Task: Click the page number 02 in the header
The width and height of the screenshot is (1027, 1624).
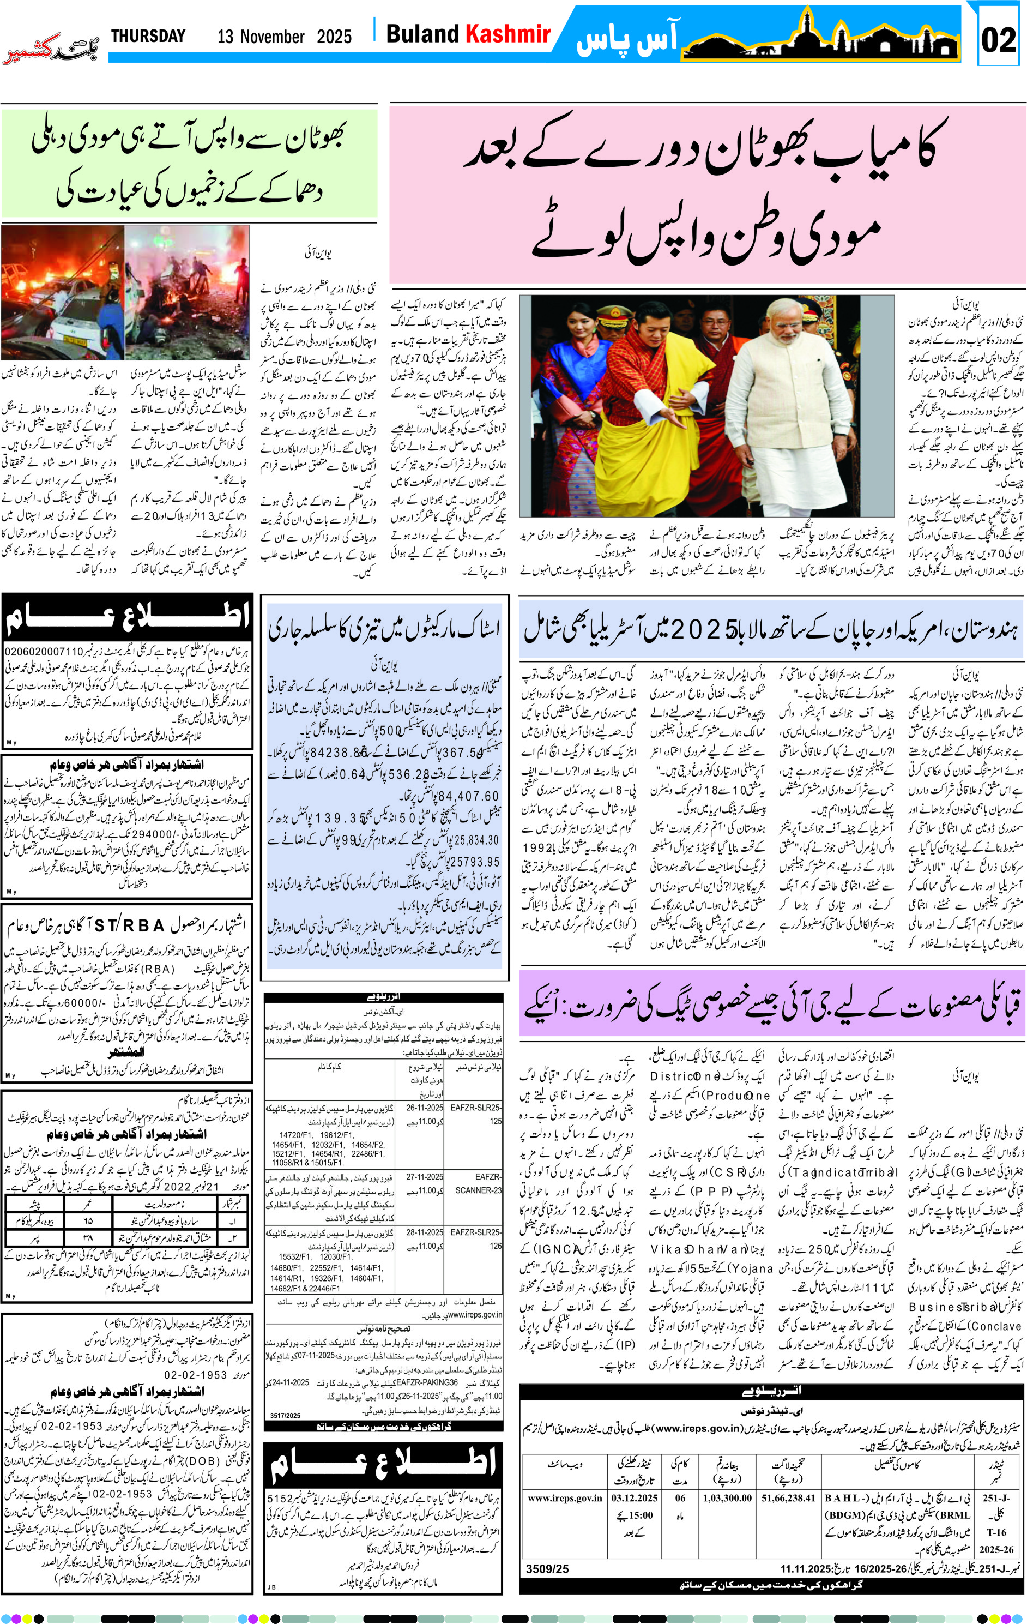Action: (x=998, y=40)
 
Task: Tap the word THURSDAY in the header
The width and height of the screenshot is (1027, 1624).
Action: (x=148, y=37)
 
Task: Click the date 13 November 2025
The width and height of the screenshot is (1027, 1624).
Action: (x=284, y=37)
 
